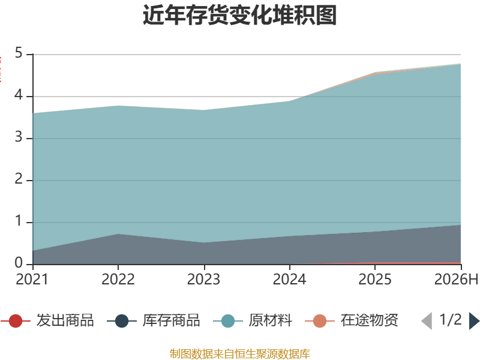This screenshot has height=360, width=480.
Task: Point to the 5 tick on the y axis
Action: coord(19,53)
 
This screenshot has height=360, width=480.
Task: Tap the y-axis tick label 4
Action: coord(19,95)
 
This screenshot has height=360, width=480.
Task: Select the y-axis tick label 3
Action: coord(19,137)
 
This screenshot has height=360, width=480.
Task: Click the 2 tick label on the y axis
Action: coord(19,179)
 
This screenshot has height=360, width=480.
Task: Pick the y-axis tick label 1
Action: coord(19,221)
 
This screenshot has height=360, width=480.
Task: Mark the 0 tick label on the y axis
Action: coord(19,263)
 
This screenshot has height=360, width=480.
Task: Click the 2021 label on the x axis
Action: coord(32,280)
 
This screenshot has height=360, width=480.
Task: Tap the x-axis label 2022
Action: coord(118,280)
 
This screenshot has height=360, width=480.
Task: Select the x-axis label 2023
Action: coord(204,280)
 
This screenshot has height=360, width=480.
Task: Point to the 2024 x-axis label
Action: coord(290,280)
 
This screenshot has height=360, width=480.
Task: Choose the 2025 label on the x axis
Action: coord(375,280)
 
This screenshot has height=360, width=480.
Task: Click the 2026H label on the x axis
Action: coord(456,280)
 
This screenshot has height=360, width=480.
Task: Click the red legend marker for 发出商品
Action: coord(16,321)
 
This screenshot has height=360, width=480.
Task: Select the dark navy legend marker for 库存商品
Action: coord(122,321)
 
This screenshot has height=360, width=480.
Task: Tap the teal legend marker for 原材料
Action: coord(228,321)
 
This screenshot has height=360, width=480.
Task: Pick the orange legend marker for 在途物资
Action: coord(320,321)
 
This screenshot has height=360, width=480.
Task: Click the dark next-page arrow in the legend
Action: coord(474,321)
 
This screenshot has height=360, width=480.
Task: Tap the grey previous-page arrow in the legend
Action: coord(427,321)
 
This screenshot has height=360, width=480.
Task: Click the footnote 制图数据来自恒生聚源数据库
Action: coord(240,354)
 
